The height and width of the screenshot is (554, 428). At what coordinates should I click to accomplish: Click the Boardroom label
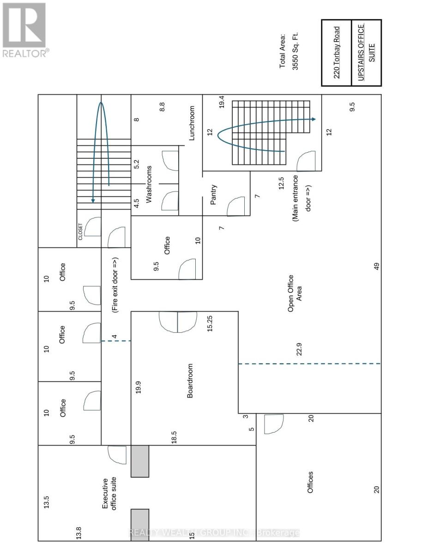click(190, 381)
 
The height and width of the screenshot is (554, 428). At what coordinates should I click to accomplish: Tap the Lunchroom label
click(192, 123)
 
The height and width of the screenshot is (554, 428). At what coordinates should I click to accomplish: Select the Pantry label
click(213, 195)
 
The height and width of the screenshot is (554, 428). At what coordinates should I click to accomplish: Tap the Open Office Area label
click(294, 294)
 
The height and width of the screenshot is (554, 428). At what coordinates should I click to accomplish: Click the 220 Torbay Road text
click(337, 52)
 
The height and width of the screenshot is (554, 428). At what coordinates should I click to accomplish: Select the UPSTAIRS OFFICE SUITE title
click(367, 52)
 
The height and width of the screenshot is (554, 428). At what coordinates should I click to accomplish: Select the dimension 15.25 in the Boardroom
click(210, 323)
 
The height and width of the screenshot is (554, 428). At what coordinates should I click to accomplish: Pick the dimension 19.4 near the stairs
click(222, 102)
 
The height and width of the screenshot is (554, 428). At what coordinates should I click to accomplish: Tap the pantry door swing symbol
click(235, 206)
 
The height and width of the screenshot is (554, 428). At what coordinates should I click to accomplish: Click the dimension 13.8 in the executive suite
click(79, 533)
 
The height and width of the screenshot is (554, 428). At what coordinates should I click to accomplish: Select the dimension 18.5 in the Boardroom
click(174, 437)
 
